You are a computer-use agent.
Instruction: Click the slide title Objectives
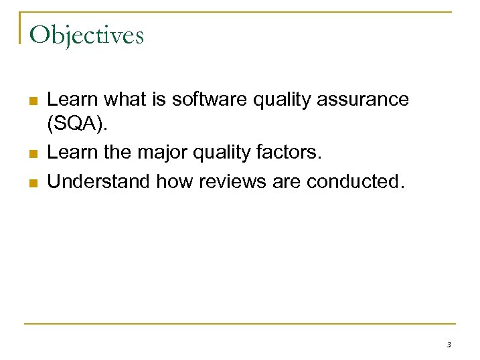(x=86, y=35)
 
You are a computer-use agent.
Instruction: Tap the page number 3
(x=448, y=345)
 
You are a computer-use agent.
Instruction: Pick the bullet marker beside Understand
(x=33, y=182)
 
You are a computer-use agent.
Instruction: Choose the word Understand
(x=100, y=181)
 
